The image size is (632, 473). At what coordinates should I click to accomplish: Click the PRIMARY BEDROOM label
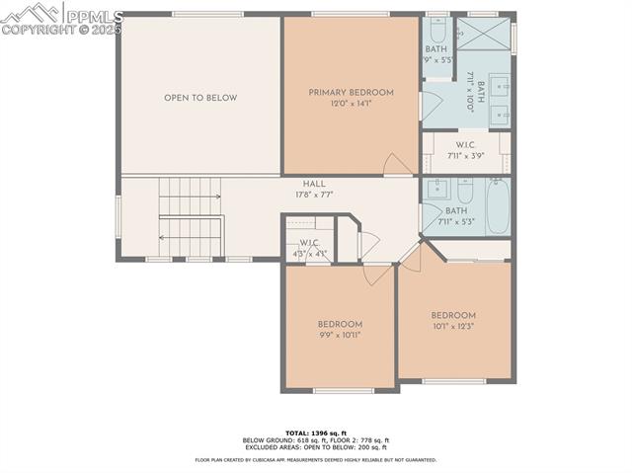click(351, 93)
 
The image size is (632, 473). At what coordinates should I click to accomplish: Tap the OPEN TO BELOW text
click(200, 98)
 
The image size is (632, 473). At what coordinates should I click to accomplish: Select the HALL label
click(314, 184)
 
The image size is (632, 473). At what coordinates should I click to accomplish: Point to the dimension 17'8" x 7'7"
click(314, 195)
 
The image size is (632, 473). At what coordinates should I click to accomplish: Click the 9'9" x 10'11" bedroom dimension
click(340, 335)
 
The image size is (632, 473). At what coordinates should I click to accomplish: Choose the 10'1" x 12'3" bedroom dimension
click(453, 326)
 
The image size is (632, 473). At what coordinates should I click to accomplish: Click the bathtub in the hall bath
click(498, 204)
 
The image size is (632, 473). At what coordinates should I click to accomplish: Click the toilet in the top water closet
click(437, 30)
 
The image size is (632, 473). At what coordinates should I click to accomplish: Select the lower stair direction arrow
click(188, 237)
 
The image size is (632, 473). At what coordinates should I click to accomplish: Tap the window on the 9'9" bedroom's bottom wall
click(342, 391)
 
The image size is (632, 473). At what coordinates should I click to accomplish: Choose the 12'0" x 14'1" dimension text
click(351, 103)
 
